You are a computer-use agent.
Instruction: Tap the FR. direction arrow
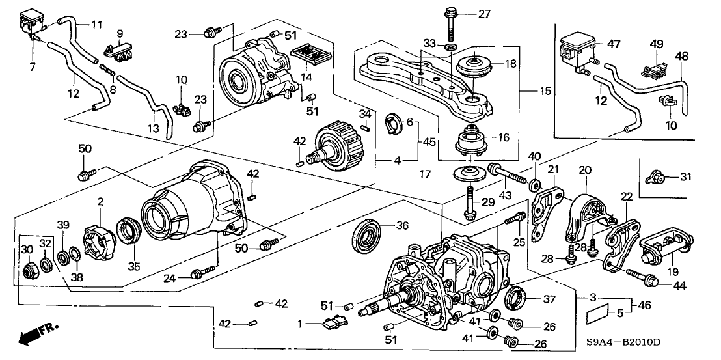pos(36,333)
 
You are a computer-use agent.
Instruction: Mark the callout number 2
pos(100,202)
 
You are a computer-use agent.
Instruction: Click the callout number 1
pos(301,323)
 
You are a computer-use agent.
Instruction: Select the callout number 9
pos(120,33)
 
